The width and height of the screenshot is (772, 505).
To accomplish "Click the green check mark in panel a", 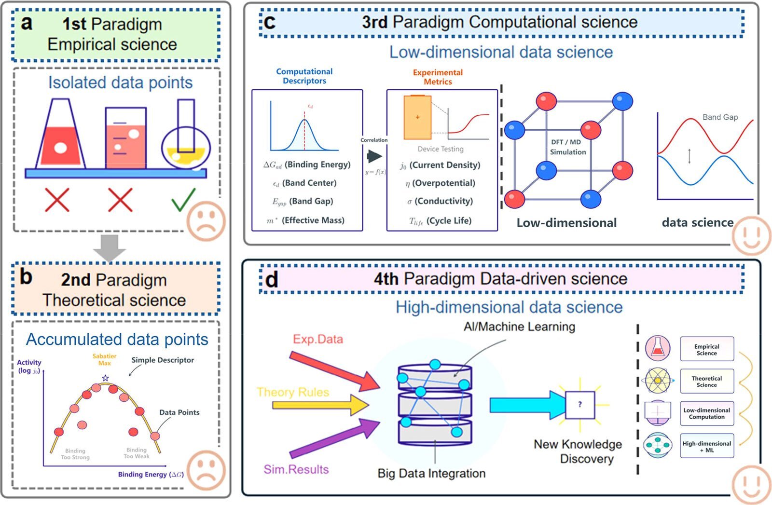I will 184,200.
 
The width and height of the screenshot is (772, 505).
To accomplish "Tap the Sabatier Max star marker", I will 106,378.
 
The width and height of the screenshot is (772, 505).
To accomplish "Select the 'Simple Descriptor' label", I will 163,360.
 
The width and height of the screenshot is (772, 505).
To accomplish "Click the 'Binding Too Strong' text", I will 75,454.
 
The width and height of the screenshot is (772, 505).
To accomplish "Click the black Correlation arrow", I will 374,156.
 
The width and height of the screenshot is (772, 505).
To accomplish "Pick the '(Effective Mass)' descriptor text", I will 313,220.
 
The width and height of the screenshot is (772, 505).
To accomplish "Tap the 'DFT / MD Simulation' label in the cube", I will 568,147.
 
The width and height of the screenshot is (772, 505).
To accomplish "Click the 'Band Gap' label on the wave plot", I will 720,117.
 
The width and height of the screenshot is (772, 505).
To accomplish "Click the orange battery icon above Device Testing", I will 417,117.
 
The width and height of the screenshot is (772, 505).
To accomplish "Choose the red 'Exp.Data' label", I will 318,339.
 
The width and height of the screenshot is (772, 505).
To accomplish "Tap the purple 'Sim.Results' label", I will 296,469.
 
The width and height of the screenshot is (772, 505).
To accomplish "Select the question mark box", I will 580,405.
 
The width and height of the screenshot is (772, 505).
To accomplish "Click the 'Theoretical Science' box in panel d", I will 707,382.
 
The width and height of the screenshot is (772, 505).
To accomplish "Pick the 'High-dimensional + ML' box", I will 707,447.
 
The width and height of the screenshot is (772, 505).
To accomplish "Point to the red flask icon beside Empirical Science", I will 658,348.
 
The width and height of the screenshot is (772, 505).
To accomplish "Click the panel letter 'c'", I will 269,22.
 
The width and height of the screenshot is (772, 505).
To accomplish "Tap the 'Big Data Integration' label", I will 431,473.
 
